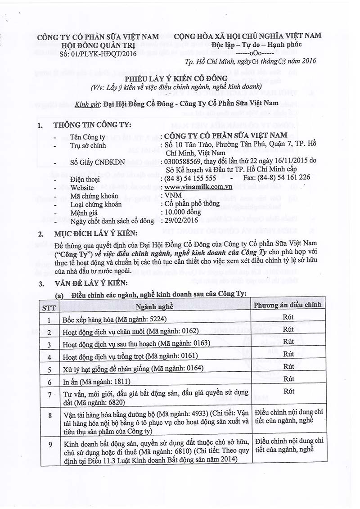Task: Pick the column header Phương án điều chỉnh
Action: click(288, 305)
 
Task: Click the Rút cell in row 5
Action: click(288, 366)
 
